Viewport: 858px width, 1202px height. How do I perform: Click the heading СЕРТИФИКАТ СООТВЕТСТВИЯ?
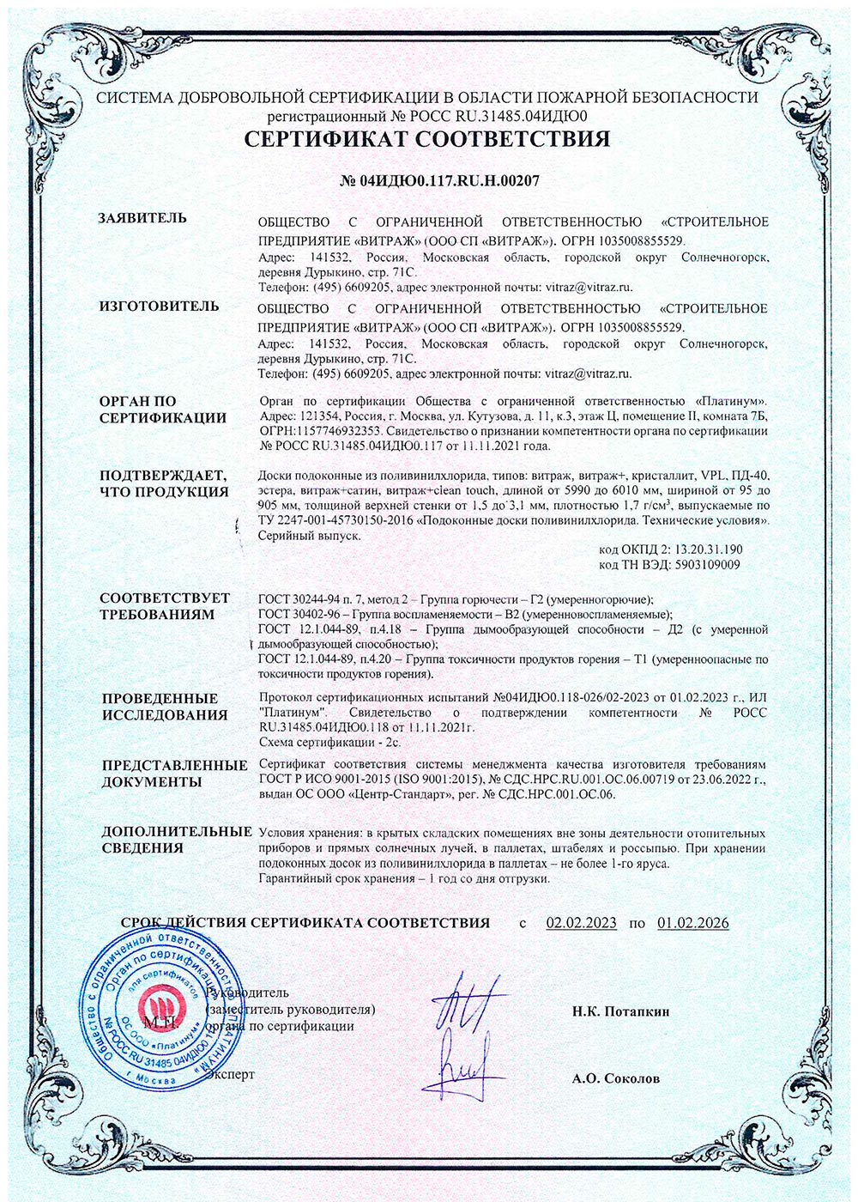[x=427, y=139]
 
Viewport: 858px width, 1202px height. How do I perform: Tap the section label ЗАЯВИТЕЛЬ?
[x=143, y=218]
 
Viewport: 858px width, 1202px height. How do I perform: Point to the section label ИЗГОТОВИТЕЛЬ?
[x=159, y=307]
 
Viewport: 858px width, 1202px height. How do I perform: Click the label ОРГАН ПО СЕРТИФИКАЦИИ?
[x=163, y=410]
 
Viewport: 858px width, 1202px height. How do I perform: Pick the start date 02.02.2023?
[x=581, y=923]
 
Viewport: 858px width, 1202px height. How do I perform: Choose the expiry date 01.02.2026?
[x=693, y=923]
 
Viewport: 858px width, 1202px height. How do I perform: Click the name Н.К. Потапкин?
[x=621, y=1011]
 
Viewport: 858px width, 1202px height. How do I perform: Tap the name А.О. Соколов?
[x=616, y=1078]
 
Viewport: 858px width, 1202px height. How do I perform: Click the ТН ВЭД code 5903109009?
[x=700, y=565]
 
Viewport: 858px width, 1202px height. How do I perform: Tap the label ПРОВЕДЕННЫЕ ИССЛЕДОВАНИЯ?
[x=163, y=707]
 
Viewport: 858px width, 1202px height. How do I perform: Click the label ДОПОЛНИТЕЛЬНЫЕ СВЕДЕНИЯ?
[x=176, y=840]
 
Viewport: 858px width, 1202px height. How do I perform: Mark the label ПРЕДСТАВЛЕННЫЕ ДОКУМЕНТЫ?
[x=175, y=774]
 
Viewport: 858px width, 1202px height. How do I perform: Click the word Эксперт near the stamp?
[x=233, y=1074]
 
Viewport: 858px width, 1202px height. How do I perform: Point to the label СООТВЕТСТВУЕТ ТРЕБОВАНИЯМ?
[x=165, y=606]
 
